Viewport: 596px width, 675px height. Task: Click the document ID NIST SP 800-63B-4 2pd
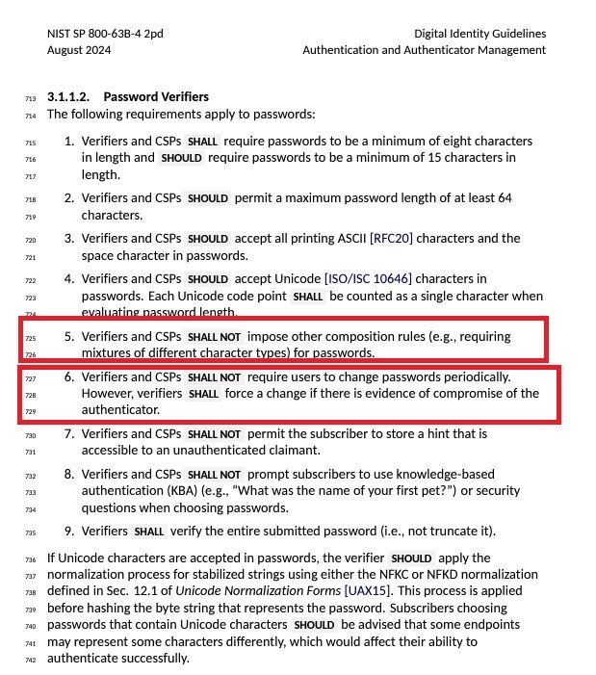coord(105,34)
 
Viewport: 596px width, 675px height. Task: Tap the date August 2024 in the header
coord(80,50)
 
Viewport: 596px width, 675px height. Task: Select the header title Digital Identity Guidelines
coord(479,34)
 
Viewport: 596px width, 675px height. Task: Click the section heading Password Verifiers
coord(156,97)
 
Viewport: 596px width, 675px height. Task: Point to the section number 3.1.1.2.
coord(68,97)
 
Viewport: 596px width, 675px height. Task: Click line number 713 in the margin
coord(30,98)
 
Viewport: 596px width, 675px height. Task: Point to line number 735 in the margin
coord(30,532)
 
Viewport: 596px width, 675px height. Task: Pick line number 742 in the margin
coord(30,660)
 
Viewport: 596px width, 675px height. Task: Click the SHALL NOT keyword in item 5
coord(214,337)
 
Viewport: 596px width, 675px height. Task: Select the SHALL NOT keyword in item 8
coord(214,475)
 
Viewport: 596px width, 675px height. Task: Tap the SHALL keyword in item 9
coord(149,532)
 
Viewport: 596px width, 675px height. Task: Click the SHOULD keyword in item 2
coord(208,198)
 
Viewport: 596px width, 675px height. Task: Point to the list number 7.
coord(69,434)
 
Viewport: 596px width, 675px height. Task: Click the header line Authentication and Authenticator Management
coord(424,50)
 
